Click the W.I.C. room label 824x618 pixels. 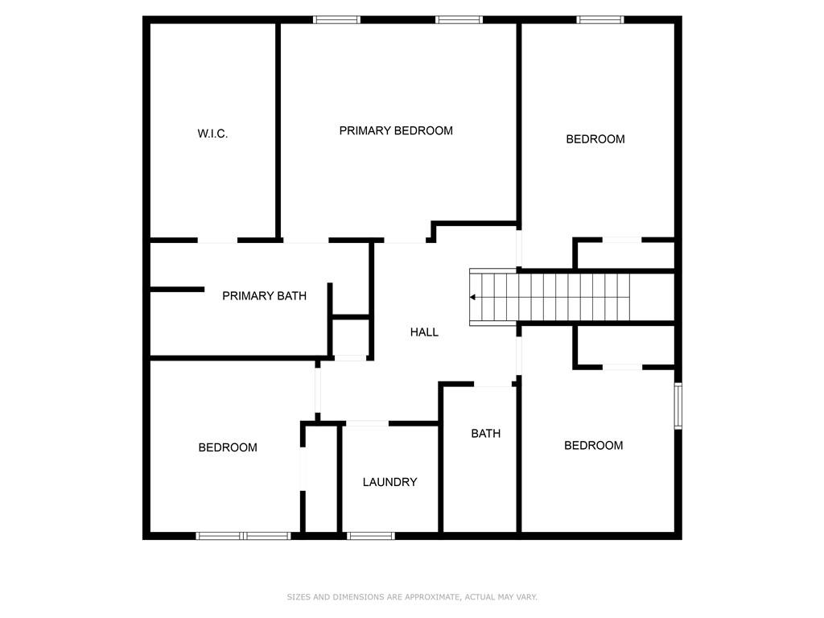click(212, 134)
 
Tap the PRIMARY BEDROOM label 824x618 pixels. click(396, 130)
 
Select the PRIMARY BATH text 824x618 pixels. click(264, 296)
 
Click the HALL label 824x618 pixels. click(424, 332)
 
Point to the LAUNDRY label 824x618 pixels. click(390, 482)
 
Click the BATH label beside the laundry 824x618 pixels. click(485, 434)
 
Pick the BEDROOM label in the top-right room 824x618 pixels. click(595, 139)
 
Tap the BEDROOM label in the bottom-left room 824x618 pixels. click(228, 447)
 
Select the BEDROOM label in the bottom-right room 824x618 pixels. click(593, 446)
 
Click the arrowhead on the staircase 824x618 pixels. click(472, 298)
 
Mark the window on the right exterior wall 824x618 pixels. click(678, 406)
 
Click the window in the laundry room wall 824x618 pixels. click(370, 536)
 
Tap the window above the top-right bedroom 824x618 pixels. click(600, 20)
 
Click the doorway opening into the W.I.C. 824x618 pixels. click(217, 240)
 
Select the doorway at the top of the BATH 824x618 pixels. click(493, 384)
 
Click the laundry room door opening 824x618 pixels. click(367, 423)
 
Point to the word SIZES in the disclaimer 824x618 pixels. click(299, 597)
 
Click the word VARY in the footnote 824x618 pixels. click(527, 597)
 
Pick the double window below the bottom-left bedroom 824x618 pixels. click(243, 536)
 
